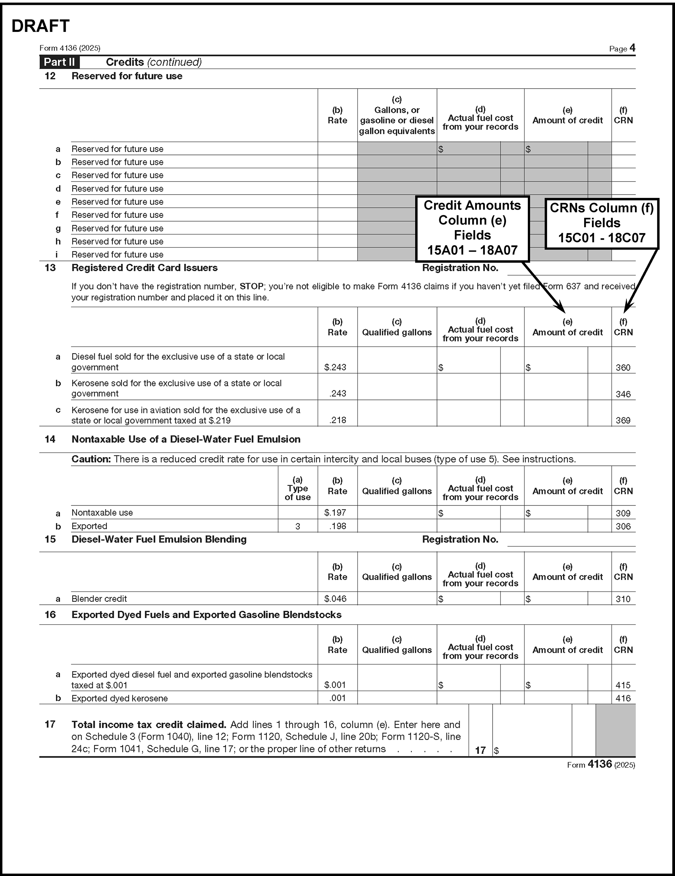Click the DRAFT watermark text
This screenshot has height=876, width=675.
tap(40, 26)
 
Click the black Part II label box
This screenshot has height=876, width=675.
tap(59, 62)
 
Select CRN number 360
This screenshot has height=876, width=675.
tap(623, 367)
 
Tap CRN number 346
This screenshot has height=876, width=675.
tap(623, 394)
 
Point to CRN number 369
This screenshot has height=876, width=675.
tap(623, 420)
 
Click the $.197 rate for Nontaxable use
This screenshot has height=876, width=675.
tap(335, 512)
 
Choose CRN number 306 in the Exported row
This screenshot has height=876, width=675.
tap(623, 526)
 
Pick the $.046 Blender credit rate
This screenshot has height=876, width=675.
tap(335, 598)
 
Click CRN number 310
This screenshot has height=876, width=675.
tap(623, 599)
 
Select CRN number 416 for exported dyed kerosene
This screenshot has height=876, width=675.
tap(623, 698)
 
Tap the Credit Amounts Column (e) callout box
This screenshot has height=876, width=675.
tap(472, 228)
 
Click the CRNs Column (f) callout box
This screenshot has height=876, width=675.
tap(602, 223)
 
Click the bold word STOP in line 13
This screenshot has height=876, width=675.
tap(252, 286)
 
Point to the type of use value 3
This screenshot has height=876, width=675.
tap(297, 526)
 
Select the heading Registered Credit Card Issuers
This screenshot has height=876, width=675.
tap(145, 268)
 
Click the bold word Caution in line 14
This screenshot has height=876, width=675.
tap(91, 459)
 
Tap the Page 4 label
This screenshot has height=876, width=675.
tap(622, 49)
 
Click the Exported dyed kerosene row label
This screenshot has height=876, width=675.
tap(120, 698)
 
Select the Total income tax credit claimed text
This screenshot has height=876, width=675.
tap(149, 724)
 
